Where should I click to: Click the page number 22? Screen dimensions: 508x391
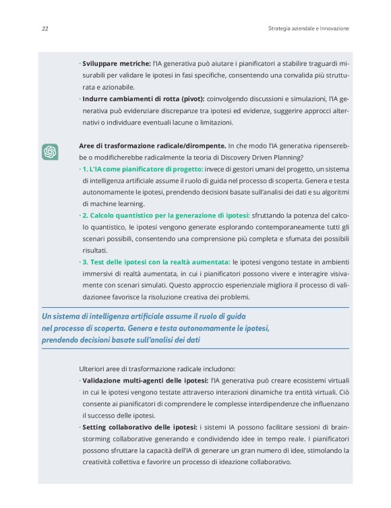click(x=44, y=29)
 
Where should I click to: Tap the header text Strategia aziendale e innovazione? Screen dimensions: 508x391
click(x=308, y=29)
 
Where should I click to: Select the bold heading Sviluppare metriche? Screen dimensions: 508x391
click(x=116, y=63)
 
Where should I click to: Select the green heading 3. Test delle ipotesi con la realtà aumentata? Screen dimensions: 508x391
click(x=156, y=261)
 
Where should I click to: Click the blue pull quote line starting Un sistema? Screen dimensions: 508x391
click(x=143, y=316)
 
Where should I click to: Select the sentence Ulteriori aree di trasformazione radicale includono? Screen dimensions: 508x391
click(x=157, y=369)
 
